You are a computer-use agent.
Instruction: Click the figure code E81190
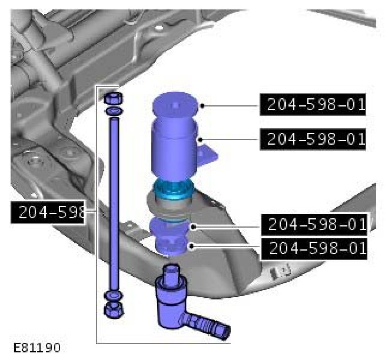tap(37, 348)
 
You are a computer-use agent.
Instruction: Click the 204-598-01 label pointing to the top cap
tap(313, 104)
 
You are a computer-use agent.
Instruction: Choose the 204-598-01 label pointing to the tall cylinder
tap(313, 139)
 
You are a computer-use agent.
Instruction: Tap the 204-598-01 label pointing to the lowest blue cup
tap(314, 249)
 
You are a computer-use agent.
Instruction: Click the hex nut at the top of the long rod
tap(114, 98)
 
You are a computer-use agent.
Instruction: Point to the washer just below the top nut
tap(114, 111)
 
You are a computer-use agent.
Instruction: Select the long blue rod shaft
tap(114, 204)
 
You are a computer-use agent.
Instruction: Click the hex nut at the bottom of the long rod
tap(114, 309)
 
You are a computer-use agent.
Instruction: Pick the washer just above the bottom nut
tap(114, 296)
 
